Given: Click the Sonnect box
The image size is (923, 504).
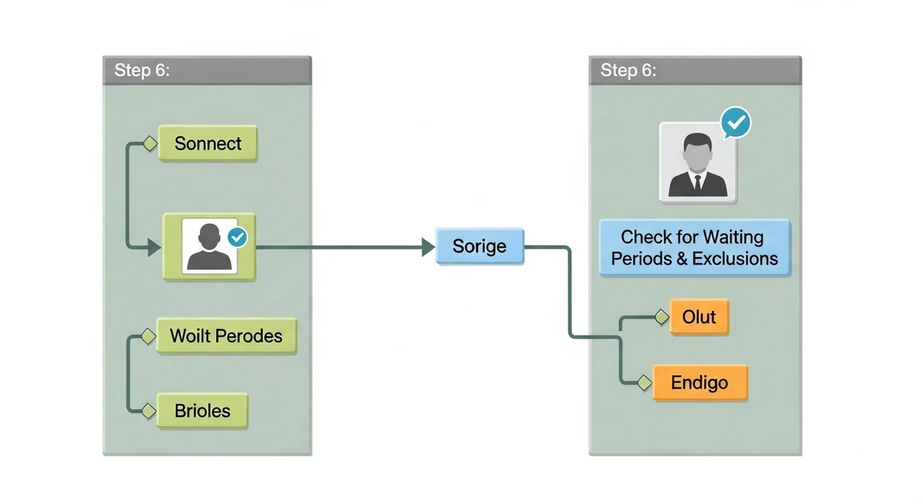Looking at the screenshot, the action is coord(208,143).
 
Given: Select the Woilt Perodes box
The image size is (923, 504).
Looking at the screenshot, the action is coord(226,336).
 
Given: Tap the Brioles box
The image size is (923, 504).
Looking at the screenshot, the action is coord(203,411).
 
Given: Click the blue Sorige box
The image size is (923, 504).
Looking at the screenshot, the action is coord(480,246).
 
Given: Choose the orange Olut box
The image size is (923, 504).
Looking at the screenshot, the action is coord(699,317).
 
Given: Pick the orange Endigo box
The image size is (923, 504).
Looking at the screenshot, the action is coord(700,382).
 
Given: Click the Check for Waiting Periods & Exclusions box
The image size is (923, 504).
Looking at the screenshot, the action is coord(694,248).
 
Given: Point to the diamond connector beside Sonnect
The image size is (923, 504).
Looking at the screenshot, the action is coord(151,144).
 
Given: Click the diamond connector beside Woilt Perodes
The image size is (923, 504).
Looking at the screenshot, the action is coord(149,336).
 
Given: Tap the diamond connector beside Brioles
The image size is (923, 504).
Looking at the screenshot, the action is coord(149,411).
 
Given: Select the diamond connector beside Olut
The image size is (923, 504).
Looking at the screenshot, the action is coord(662,317).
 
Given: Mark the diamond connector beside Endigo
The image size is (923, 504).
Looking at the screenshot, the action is coord(645,383).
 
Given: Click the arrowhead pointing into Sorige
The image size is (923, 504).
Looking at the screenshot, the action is coord(428,247).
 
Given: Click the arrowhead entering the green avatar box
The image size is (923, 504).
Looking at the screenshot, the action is coord(154,248).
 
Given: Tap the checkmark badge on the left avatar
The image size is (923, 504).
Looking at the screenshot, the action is coord(237,237).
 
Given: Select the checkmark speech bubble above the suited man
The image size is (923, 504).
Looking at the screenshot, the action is coord(736,123).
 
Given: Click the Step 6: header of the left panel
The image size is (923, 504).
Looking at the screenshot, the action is coord(207,71).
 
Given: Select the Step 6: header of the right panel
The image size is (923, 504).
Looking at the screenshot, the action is coord(695,71).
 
